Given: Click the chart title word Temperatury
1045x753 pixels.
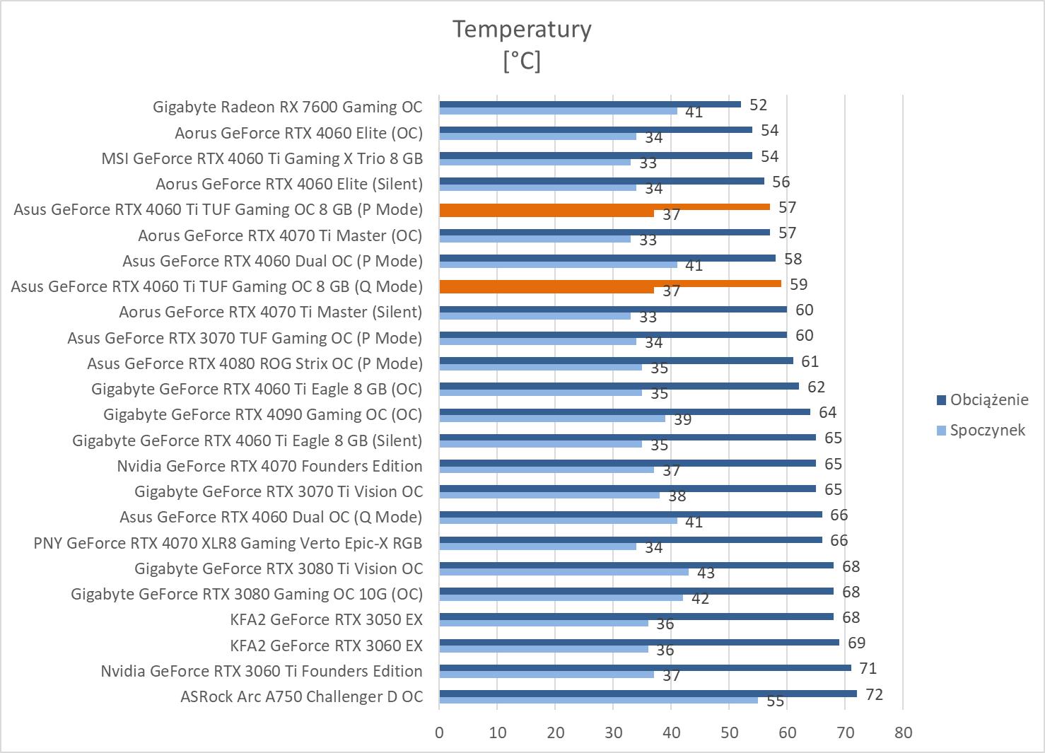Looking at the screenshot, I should (x=522, y=29).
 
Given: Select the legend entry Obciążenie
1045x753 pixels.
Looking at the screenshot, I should (x=988, y=399).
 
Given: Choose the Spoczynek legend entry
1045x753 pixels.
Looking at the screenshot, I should (x=987, y=430).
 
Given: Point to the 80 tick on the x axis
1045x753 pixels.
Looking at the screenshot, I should (x=903, y=732).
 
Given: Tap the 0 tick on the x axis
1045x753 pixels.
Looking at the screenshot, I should (x=440, y=732).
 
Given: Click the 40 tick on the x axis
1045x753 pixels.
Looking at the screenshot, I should (x=671, y=732).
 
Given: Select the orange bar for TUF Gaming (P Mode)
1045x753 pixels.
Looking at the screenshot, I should (x=605, y=206).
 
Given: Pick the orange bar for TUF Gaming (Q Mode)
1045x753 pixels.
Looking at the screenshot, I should (x=610, y=284).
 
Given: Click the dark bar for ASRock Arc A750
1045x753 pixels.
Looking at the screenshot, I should (x=648, y=693).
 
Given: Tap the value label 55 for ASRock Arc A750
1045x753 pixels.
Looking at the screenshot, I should (x=776, y=701).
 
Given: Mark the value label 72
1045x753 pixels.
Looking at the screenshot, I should (x=875, y=694).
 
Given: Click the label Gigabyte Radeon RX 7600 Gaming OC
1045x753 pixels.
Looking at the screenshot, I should (x=287, y=107).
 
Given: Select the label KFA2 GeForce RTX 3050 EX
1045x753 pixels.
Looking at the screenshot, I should (x=326, y=620).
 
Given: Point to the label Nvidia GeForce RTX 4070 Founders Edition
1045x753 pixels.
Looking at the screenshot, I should (x=269, y=466).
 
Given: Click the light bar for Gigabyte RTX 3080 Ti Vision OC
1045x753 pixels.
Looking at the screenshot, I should (x=564, y=571).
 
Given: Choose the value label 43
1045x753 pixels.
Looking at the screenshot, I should (x=706, y=573).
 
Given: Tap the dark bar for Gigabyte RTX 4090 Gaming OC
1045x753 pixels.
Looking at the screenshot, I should (x=624, y=411).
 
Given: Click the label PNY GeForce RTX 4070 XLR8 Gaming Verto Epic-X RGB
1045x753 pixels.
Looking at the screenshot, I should (x=228, y=543).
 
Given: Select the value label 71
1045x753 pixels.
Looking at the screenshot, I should (x=869, y=668).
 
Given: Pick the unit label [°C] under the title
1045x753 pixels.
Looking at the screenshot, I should (x=522, y=62).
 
